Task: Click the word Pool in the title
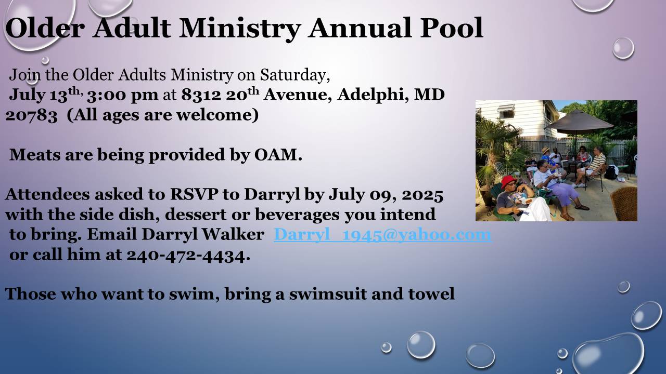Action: [x=451, y=28]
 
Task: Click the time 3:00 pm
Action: [x=122, y=95]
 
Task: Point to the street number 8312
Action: [x=201, y=95]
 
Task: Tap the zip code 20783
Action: [x=31, y=115]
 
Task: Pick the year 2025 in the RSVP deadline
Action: [x=422, y=195]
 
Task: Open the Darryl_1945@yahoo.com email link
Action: [x=382, y=234]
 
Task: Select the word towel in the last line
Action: [x=431, y=294]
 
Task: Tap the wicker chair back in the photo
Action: [x=624, y=203]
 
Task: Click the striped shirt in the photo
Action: [x=597, y=161]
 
